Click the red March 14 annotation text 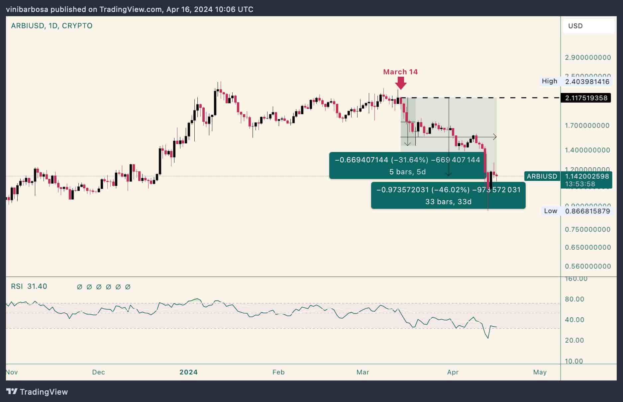tap(400, 72)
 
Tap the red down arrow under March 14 tap(401, 83)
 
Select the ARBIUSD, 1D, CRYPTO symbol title tap(52, 26)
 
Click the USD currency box tap(588, 26)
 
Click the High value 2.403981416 tap(587, 82)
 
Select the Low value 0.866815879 tap(587, 211)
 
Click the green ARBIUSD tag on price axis tap(542, 176)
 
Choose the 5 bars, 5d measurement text tap(407, 172)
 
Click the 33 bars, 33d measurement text tap(448, 201)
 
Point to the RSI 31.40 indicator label tap(29, 286)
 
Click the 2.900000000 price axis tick tap(587, 57)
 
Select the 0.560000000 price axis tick tap(587, 266)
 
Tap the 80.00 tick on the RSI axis tap(574, 299)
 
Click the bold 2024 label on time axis tap(188, 372)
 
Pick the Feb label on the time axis tap(278, 372)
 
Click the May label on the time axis tap(540, 372)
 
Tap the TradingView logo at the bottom tap(37, 392)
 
